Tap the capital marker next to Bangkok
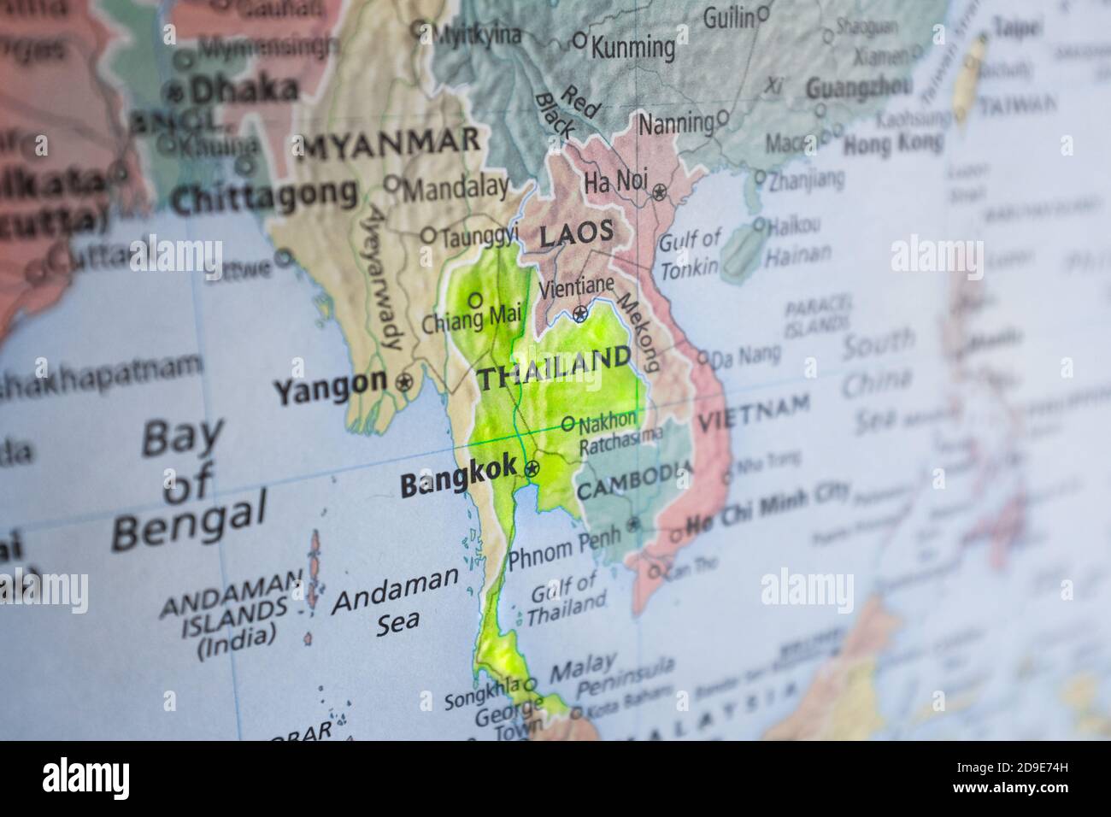pos(532,468)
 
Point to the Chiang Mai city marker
pos(476,300)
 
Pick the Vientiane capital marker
pos(581,314)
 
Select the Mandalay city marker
pos(392,183)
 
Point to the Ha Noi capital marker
pos(659,193)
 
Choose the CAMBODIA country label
pos(633,483)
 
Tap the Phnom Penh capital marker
pos(632,525)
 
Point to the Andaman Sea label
pos(395,601)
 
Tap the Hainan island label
pos(797,254)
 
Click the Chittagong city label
pos(265,196)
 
